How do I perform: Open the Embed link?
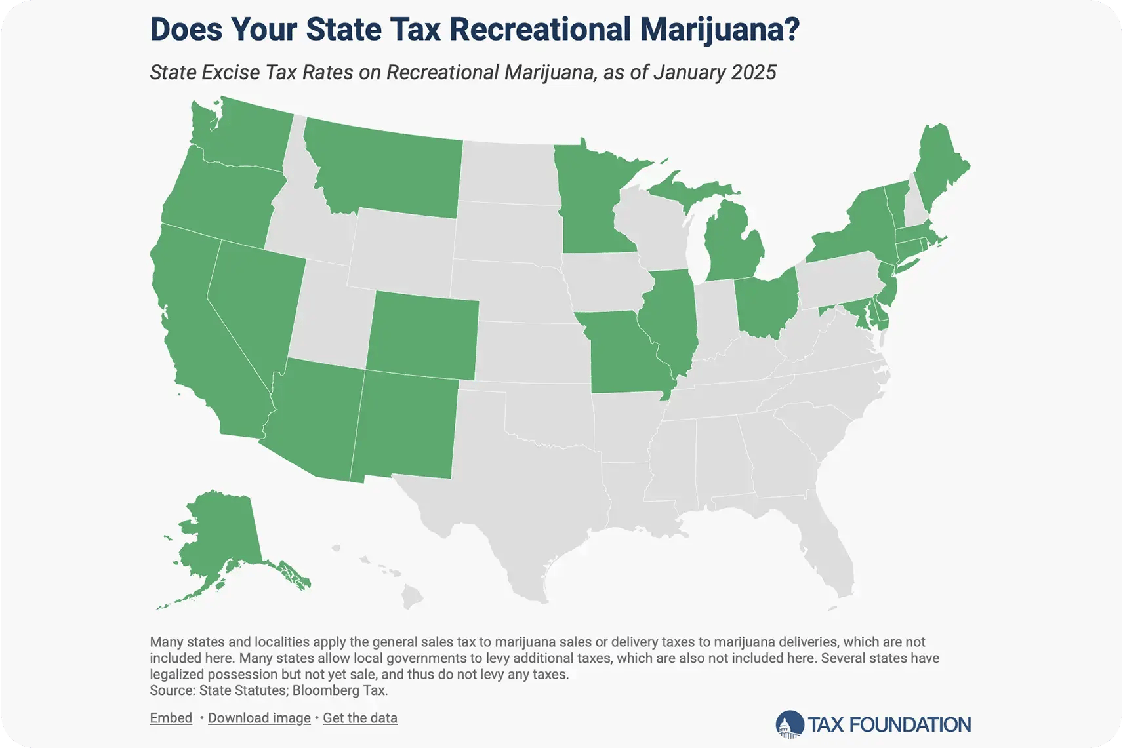[171, 718]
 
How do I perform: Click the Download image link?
[259, 718]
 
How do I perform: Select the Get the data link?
[360, 718]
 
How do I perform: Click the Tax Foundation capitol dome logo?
[789, 724]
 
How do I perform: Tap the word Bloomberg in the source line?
[323, 690]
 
